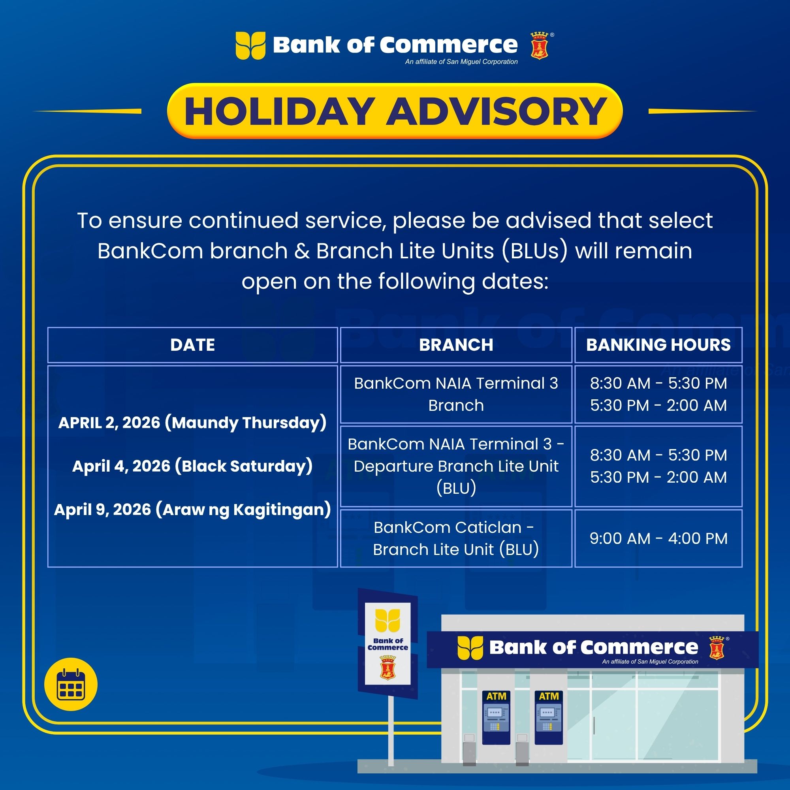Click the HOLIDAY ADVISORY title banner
tap(395, 111)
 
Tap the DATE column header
tap(192, 345)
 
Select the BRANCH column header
tap(456, 345)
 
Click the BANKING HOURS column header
tap(658, 345)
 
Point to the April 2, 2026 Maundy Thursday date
tap(192, 422)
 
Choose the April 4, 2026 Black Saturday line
tap(192, 466)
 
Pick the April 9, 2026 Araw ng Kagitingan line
tap(192, 510)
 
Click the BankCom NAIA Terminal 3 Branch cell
tap(456, 394)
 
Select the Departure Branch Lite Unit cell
tap(456, 466)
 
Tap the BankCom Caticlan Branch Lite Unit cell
tap(456, 538)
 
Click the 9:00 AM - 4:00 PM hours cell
tap(658, 538)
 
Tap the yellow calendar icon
tap(71, 685)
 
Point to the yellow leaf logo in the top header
tap(250, 45)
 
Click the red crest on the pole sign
tap(387, 667)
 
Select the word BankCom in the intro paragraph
tap(150, 251)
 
